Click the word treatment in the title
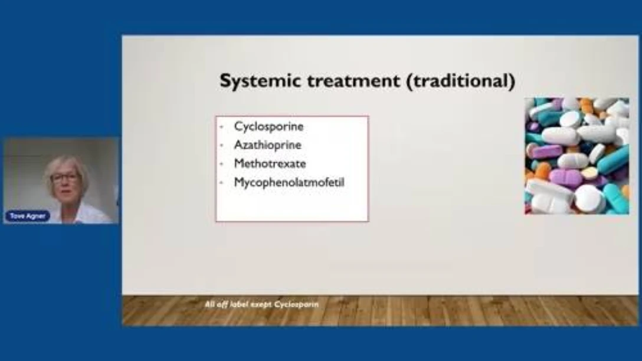click(x=353, y=81)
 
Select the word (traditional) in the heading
click(x=461, y=81)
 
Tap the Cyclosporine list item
click(x=268, y=127)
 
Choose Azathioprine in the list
click(x=267, y=145)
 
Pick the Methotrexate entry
click(x=270, y=164)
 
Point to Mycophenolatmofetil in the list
click(x=289, y=182)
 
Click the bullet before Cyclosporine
click(x=221, y=127)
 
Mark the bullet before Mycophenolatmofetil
click(x=221, y=183)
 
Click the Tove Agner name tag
click(x=27, y=216)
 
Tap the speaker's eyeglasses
click(x=65, y=178)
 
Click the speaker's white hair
click(x=65, y=165)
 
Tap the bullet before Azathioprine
click(x=221, y=145)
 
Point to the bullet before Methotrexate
click(x=221, y=164)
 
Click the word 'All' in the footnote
click(x=209, y=304)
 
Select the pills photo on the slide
click(x=577, y=156)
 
